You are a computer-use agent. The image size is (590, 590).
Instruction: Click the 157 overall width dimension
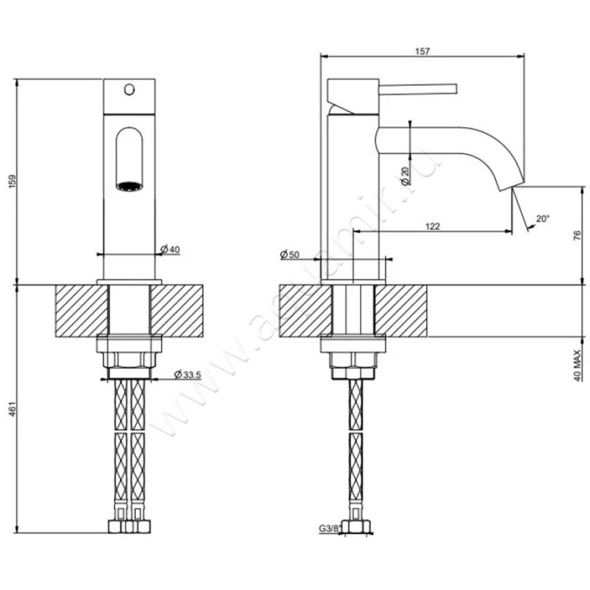[x=421, y=51]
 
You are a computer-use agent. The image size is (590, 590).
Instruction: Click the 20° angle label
[x=542, y=219]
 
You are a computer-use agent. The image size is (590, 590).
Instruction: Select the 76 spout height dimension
[x=577, y=236]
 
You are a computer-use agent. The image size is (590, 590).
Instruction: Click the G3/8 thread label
[x=330, y=528]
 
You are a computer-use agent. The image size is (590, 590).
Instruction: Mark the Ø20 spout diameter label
[x=405, y=175]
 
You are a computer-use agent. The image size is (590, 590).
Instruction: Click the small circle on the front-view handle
[x=130, y=91]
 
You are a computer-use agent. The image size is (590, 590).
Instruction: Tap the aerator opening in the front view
[x=129, y=186]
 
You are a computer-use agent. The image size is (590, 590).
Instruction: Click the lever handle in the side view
[x=413, y=88]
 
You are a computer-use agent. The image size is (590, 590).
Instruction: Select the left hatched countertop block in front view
[x=80, y=310]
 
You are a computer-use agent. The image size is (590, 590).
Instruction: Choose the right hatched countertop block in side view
[x=401, y=310]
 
